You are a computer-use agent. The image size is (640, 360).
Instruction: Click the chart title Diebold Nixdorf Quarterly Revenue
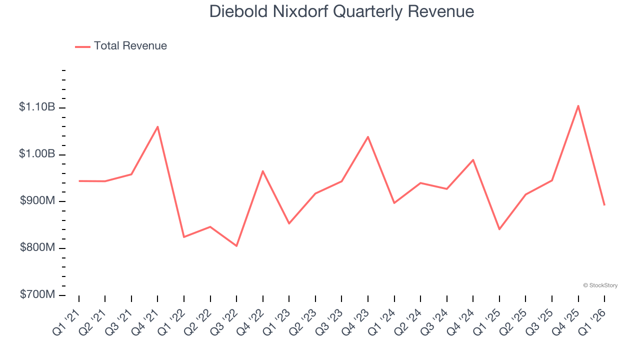(341, 11)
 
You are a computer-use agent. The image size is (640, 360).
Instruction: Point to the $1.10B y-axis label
(37, 107)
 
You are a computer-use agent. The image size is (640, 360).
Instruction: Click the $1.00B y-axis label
(37, 154)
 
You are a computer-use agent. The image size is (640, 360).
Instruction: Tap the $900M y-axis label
(38, 201)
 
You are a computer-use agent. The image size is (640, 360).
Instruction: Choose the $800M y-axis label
(38, 248)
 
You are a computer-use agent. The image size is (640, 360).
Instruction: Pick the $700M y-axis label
(38, 294)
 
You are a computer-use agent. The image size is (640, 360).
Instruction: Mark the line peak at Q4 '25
(578, 105)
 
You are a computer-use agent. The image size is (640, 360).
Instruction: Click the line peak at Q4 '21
(158, 126)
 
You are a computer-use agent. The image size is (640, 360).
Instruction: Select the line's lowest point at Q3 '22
(236, 246)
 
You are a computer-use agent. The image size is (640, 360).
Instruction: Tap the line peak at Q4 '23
(368, 136)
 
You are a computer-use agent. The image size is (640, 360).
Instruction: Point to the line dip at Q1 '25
(499, 229)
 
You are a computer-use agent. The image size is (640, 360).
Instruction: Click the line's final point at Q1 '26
(604, 205)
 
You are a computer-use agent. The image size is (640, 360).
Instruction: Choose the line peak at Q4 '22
(263, 171)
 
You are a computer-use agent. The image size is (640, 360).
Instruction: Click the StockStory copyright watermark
(600, 285)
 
